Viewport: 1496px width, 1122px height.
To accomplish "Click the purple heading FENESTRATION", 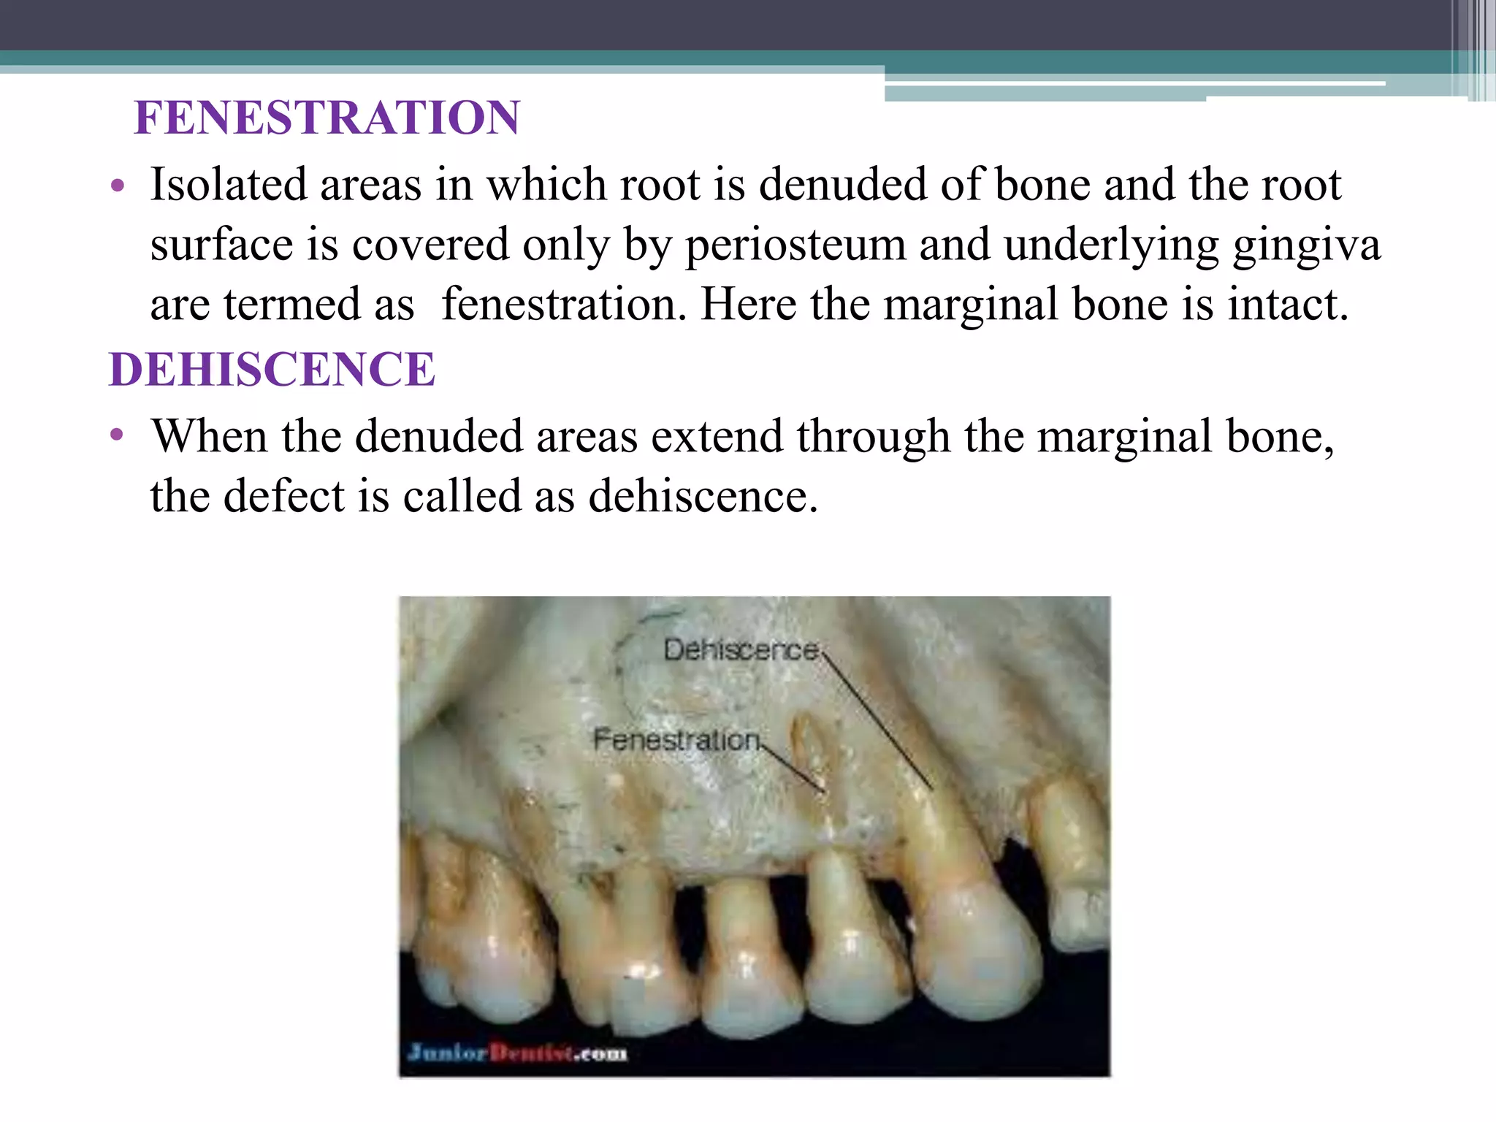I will click(x=327, y=118).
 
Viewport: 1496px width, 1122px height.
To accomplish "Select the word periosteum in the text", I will click(x=795, y=246).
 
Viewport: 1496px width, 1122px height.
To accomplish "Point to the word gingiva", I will click(x=1307, y=246).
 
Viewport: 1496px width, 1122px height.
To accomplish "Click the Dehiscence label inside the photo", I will click(x=741, y=650).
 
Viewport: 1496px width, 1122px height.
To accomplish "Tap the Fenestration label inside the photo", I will click(x=676, y=740).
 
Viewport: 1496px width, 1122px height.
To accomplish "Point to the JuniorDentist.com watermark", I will click(x=517, y=1053).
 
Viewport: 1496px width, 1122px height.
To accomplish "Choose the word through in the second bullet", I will click(x=873, y=437).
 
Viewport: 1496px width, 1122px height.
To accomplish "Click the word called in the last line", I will click(x=462, y=497).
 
